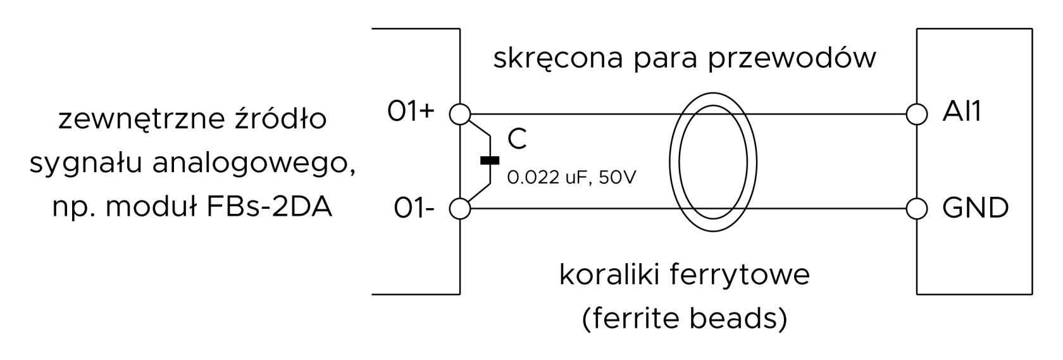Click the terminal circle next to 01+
coord(459,115)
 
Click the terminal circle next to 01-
coord(459,209)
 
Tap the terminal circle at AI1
coord(916,115)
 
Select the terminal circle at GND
coord(916,209)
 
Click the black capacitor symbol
coord(490,160)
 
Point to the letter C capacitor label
coord(517,139)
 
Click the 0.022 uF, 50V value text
coord(571,177)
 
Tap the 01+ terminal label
coord(411,111)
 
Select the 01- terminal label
coord(414,208)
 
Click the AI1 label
coord(962,112)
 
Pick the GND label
coord(975,208)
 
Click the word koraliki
coord(612,275)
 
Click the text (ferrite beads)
coord(685,319)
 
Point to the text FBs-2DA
coord(269,208)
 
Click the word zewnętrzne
coord(142,119)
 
